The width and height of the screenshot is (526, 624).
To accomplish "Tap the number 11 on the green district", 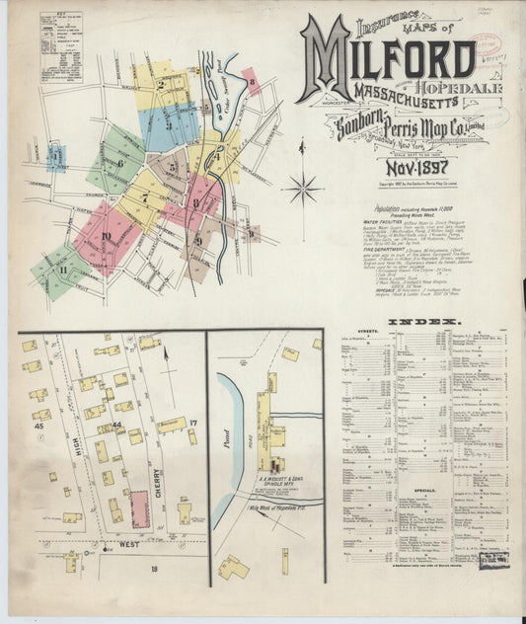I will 64,269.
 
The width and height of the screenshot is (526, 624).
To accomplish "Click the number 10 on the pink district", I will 106,236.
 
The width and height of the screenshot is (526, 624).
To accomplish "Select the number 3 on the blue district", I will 168,125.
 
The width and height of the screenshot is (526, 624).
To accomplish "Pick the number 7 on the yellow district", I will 145,196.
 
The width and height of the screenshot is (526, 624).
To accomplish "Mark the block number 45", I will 40,426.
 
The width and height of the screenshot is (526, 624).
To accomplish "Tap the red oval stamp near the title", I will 487,46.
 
